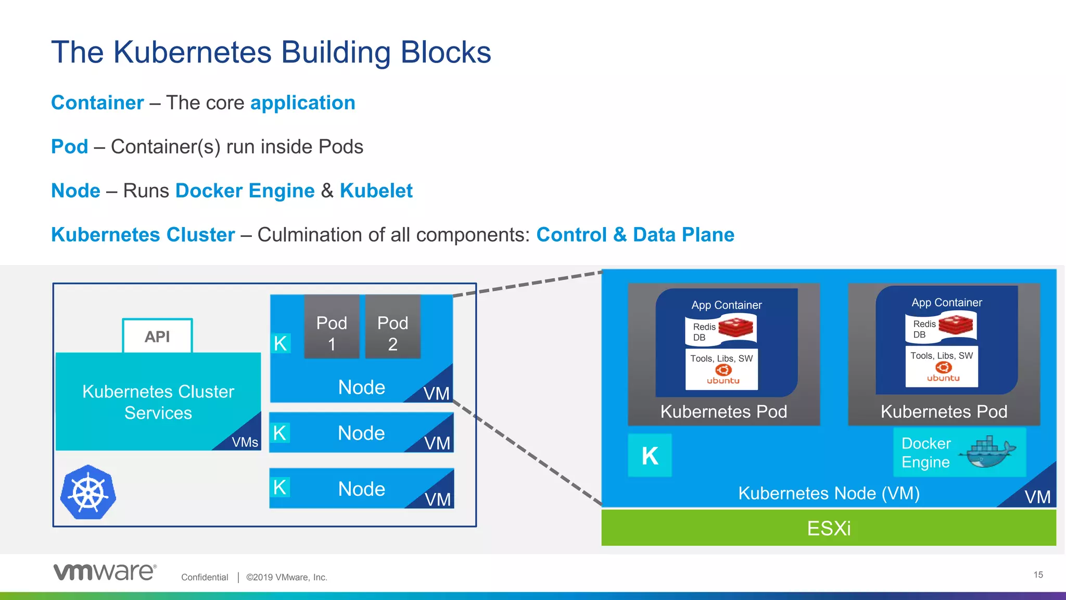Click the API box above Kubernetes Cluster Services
[157, 336]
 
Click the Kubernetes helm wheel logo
[88, 492]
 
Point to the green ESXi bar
[829, 528]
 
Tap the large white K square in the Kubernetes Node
[650, 456]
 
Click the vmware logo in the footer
[105, 572]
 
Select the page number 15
[1038, 574]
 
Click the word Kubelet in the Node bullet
[376, 191]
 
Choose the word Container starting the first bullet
[97, 103]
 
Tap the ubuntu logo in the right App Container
[943, 372]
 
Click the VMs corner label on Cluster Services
[245, 442]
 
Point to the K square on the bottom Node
[280, 488]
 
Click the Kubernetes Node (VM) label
[829, 493]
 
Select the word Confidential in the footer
[205, 577]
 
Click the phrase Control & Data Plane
[635, 234]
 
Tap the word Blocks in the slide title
[446, 52]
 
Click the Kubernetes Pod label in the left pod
[724, 411]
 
